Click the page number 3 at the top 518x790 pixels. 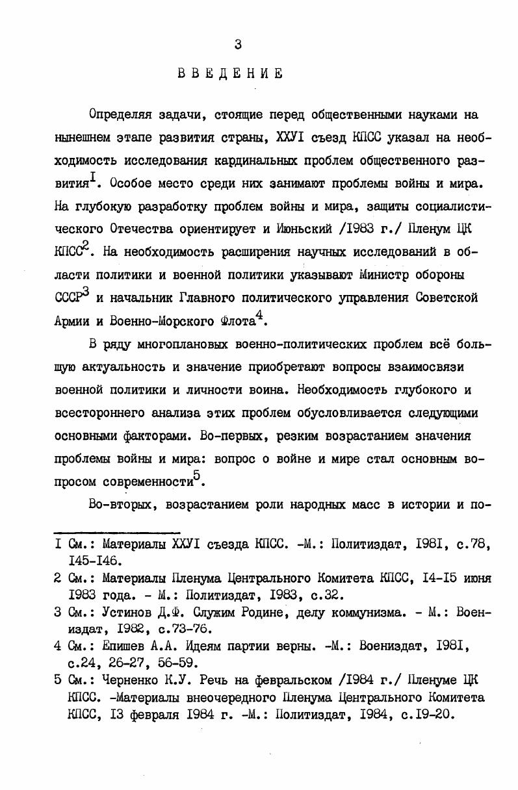(x=238, y=44)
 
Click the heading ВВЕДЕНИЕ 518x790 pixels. (x=231, y=73)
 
